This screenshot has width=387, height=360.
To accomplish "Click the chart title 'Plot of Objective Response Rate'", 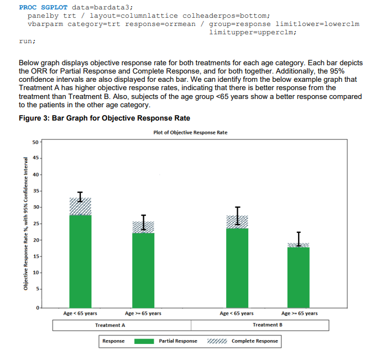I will [x=190, y=132].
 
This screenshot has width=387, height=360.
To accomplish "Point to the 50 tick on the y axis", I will [x=35, y=142].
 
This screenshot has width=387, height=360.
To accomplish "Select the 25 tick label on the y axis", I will [x=35, y=224].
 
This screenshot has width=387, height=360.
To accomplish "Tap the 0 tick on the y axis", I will [x=36, y=307].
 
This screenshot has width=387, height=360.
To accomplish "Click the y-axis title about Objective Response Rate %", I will [x=25, y=224].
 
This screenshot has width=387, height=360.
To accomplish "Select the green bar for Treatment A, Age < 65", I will [x=81, y=260].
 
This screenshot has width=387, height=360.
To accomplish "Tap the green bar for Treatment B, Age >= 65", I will [x=299, y=276].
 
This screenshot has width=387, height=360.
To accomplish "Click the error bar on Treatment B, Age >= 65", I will [x=299, y=239].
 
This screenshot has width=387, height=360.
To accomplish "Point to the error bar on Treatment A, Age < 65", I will [x=81, y=196].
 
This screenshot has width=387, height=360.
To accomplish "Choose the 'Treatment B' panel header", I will [x=267, y=325].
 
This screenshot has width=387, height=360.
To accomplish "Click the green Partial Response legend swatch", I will [x=144, y=341].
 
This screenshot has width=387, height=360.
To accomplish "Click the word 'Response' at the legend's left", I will [x=114, y=341].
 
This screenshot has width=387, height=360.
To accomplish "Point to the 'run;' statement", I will [x=27, y=41].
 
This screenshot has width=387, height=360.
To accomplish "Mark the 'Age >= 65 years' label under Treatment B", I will [x=299, y=314].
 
